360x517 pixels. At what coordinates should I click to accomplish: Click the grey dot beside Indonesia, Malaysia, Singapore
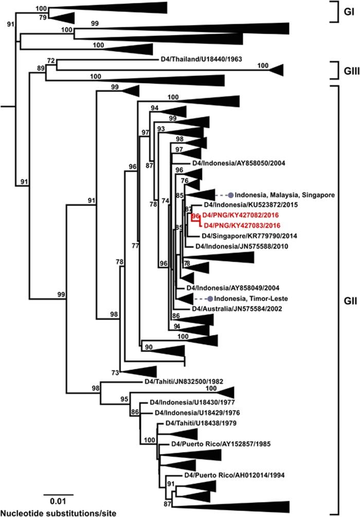(x=231, y=195)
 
